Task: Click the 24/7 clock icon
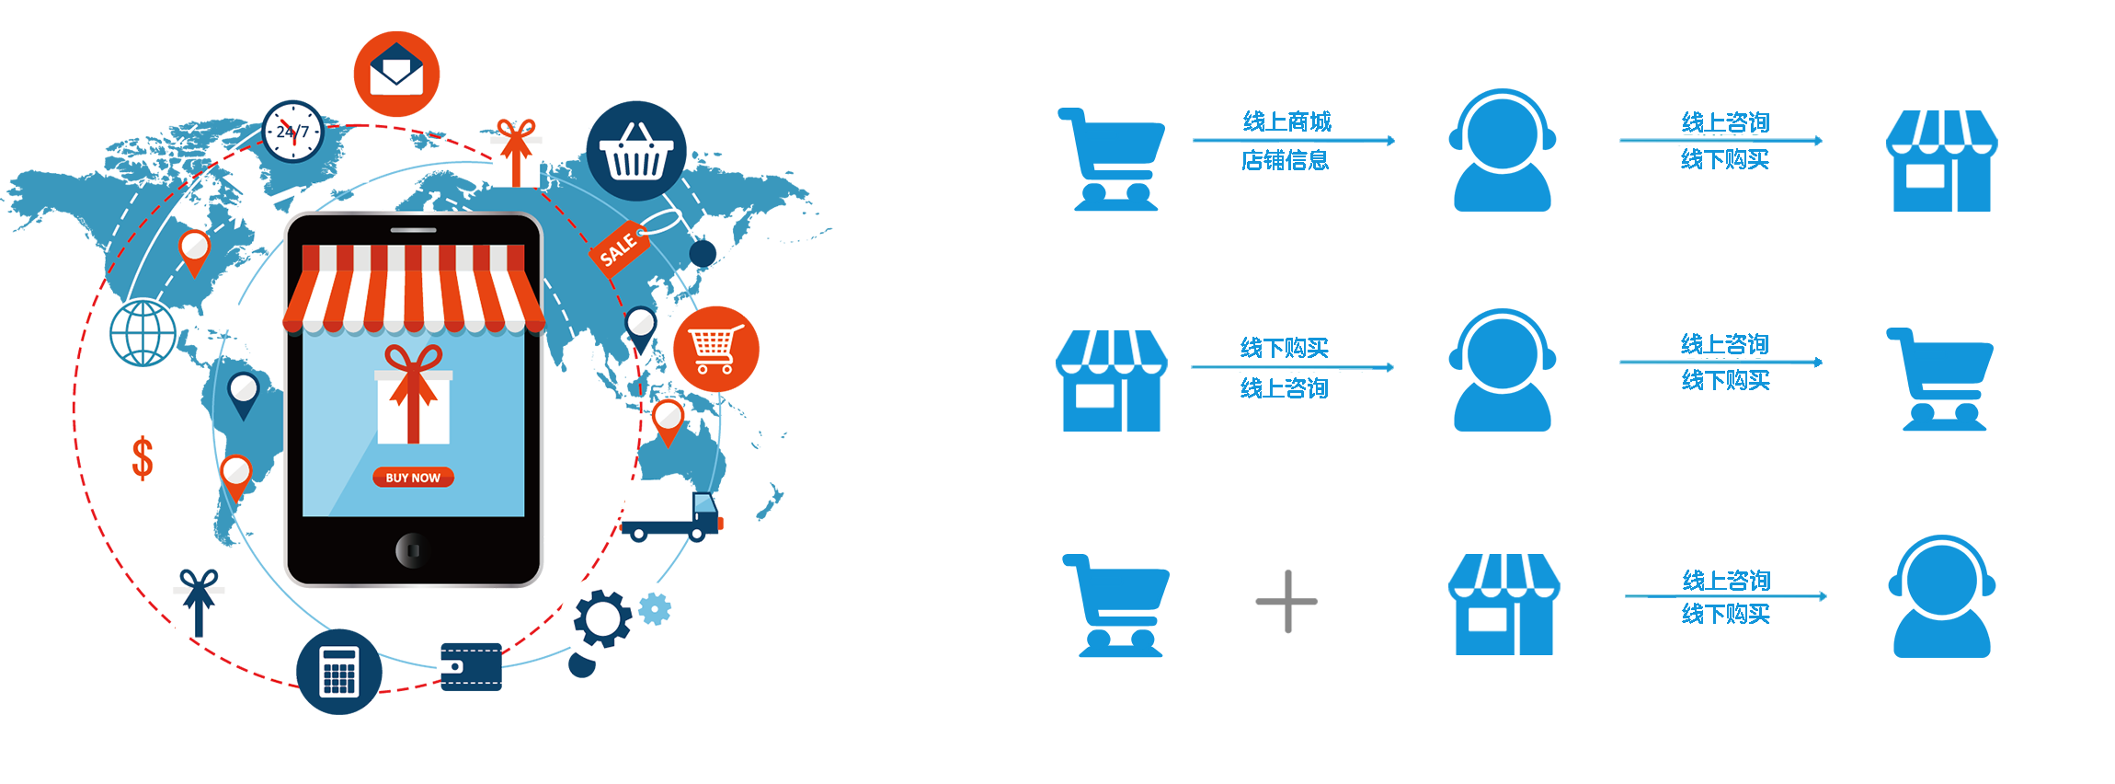(292, 133)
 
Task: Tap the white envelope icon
(395, 70)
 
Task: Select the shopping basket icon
(636, 153)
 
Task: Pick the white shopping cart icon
(714, 349)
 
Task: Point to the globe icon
(143, 333)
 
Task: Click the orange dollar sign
(143, 458)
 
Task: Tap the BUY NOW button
(413, 478)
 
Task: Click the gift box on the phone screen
(414, 398)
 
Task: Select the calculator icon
(338, 671)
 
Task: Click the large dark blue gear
(602, 618)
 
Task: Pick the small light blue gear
(655, 608)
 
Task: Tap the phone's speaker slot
(414, 230)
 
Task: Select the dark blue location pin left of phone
(244, 394)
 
